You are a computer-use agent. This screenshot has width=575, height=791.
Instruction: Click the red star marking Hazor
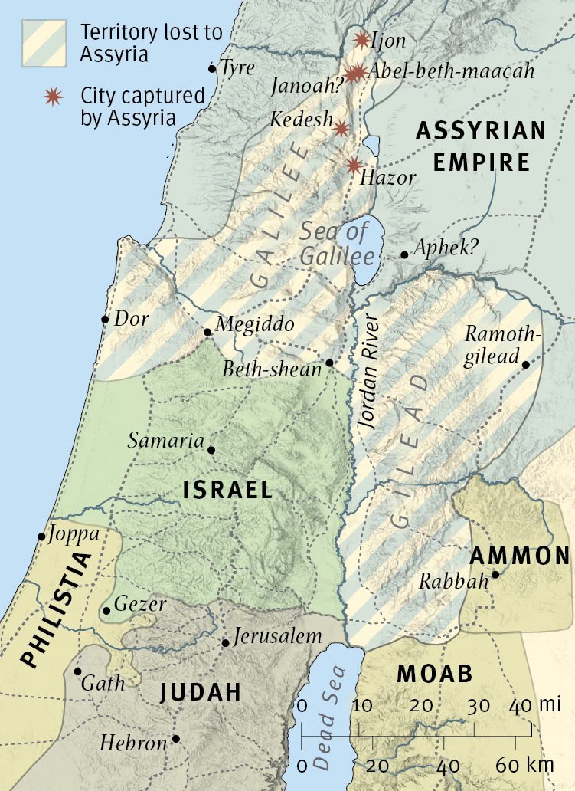tap(353, 165)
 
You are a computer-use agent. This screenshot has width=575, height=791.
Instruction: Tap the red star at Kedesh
tap(341, 128)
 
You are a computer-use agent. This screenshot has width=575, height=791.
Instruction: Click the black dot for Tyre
tap(212, 69)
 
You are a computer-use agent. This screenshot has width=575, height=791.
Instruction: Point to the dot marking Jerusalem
tap(225, 642)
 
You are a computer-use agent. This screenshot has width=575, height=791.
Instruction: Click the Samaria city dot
tap(211, 450)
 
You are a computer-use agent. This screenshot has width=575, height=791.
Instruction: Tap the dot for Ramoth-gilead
tap(526, 364)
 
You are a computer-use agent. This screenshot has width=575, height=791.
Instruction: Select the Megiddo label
tap(255, 324)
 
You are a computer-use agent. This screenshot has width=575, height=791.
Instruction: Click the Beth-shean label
tap(272, 369)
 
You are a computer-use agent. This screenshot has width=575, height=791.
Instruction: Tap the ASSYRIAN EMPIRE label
tap(481, 146)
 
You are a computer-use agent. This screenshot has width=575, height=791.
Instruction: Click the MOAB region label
tap(435, 674)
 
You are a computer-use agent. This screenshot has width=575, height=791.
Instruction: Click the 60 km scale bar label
tap(521, 765)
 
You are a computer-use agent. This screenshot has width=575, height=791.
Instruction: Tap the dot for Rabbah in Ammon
tap(495, 574)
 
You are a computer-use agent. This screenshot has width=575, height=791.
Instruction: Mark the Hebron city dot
tap(176, 739)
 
